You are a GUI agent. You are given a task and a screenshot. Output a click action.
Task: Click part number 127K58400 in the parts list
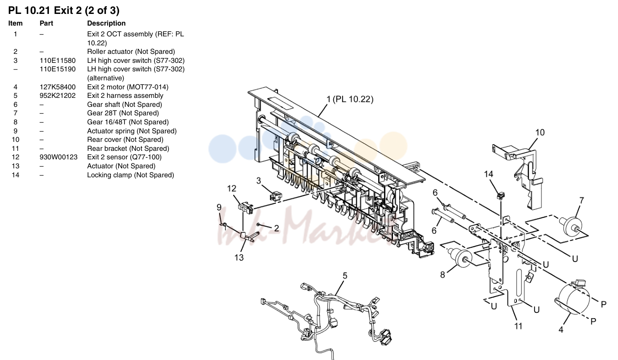(x=57, y=87)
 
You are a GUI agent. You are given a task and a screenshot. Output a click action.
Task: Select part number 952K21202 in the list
(x=57, y=96)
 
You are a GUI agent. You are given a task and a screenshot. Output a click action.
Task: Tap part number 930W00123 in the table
(x=58, y=157)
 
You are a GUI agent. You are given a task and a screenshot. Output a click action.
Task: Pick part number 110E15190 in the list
(x=57, y=69)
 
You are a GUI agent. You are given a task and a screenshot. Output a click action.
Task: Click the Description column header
(x=106, y=23)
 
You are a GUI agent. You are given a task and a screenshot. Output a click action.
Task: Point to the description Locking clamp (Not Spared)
(x=131, y=175)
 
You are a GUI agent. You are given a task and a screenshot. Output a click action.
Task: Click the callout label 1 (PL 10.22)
(x=350, y=99)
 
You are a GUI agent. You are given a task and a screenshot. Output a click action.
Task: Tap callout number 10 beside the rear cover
(x=540, y=132)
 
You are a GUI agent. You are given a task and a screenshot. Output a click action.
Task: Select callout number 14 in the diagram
(x=489, y=174)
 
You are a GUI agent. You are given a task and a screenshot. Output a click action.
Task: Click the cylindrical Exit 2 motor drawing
(x=573, y=299)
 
